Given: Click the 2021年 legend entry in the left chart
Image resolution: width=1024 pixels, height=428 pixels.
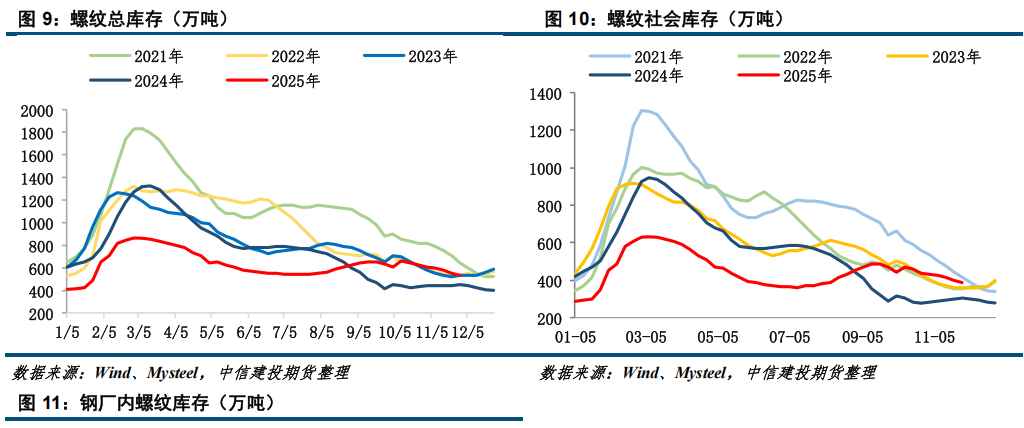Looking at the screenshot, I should point(156,55).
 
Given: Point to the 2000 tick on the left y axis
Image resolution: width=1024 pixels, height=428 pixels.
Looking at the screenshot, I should point(38,111).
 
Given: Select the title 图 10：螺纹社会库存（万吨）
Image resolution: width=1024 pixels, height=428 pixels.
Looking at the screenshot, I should point(664,19).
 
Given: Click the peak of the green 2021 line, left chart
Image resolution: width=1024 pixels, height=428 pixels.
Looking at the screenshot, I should point(138,128).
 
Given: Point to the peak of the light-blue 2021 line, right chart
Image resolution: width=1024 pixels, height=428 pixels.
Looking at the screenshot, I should point(643,110).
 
